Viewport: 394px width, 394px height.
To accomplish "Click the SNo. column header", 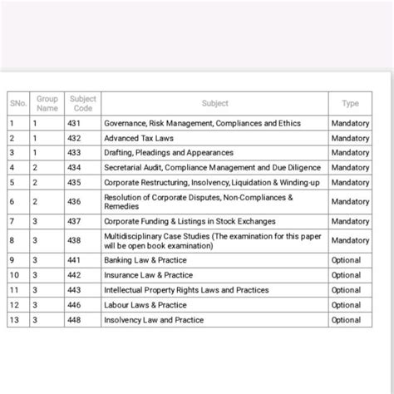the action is [x=18, y=104].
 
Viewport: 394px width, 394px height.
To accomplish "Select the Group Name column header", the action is [x=47, y=104].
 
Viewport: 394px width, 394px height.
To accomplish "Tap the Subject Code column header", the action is [x=83, y=104].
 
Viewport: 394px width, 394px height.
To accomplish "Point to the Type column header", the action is [x=350, y=104].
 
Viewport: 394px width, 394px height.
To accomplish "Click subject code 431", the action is [x=76, y=124].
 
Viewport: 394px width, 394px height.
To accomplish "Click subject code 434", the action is [x=76, y=167].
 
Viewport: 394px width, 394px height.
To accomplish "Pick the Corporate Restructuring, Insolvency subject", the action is [x=209, y=182].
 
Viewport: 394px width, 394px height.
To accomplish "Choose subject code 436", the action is [x=76, y=201].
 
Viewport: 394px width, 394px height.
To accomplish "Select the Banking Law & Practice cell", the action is [x=145, y=260].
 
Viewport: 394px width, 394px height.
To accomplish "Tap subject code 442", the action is [x=76, y=275].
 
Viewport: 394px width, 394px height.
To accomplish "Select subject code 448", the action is [x=76, y=320].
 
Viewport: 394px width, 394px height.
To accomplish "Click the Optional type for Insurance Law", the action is [x=346, y=275].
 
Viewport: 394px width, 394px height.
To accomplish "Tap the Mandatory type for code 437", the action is [x=350, y=222].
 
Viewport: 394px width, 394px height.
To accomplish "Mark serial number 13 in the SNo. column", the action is [x=14, y=320].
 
